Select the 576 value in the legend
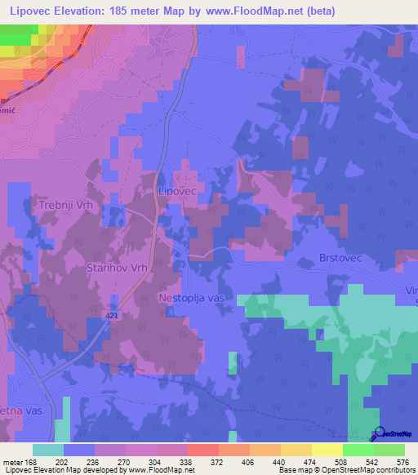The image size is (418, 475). click(x=403, y=462)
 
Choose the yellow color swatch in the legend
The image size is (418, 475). click(x=327, y=450)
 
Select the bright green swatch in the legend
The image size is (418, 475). click(x=358, y=450)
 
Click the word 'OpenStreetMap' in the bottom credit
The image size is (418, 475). click(x=354, y=470)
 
